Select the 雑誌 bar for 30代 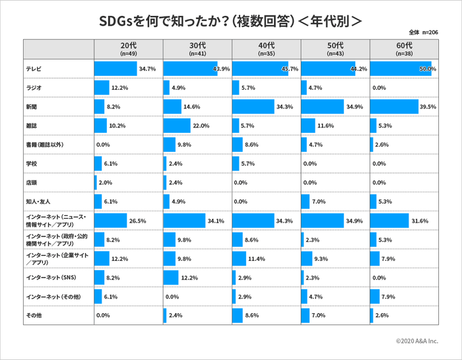pos(177,126)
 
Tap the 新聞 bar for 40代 pos(253,106)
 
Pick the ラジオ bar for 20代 pos(102,88)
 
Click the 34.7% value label pos(147,69)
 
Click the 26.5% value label pos(138,221)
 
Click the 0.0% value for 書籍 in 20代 pos(102,145)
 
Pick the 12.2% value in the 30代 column pos(189,278)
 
